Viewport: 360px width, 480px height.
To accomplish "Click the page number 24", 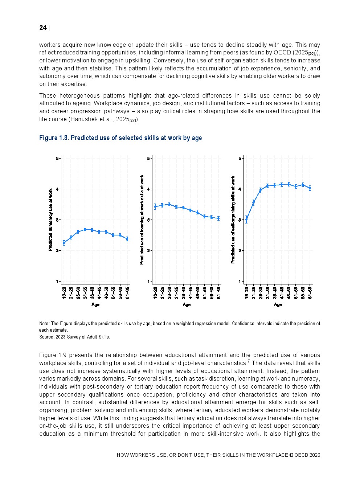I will [43, 28].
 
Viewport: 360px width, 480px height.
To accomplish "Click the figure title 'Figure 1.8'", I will [54, 138].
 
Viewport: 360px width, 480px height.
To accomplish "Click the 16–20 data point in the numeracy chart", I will [64, 243].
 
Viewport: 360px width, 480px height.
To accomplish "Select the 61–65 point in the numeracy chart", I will [127, 239].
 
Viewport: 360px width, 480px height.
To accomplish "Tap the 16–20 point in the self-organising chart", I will [246, 220].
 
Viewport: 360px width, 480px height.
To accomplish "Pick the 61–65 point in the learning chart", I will [219, 218].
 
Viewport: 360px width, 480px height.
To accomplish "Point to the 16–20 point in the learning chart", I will [155, 206].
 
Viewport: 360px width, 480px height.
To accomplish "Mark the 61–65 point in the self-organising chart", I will [310, 188].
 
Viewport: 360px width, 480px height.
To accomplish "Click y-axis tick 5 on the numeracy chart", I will [57, 158].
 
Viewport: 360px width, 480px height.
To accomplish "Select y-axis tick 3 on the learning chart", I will [148, 220].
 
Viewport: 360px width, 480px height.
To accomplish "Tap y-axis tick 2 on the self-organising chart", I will [240, 251].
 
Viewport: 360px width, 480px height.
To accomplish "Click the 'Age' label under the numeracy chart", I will [95, 305].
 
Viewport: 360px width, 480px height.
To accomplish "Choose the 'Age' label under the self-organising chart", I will [278, 305].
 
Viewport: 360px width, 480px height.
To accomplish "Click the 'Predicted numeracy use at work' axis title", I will [50, 220].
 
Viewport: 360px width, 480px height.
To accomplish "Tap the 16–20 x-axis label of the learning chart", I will [155, 292].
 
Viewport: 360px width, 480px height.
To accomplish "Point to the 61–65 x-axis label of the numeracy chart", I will [127, 292].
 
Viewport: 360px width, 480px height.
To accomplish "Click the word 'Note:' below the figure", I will [44, 324].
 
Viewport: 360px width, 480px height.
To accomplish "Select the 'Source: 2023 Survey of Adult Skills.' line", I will [74, 337].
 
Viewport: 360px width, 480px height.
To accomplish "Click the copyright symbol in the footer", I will [291, 455].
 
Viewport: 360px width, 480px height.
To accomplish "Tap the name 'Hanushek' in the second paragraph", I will [83, 119].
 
